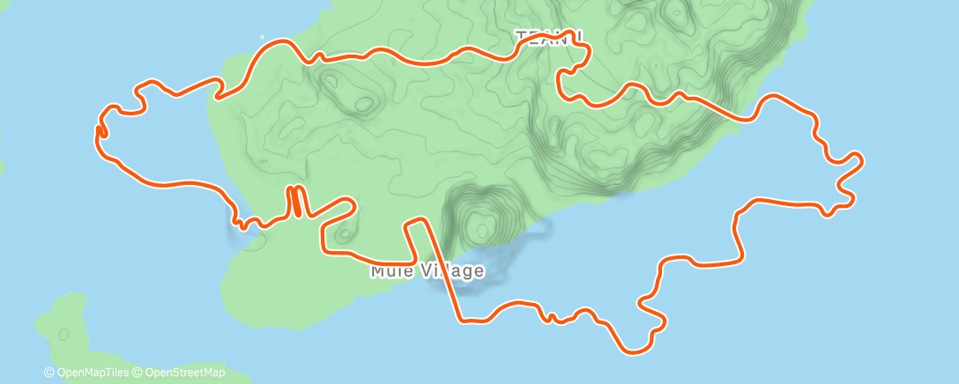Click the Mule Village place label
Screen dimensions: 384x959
tap(427, 270)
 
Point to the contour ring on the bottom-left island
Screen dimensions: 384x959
tap(63, 335)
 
